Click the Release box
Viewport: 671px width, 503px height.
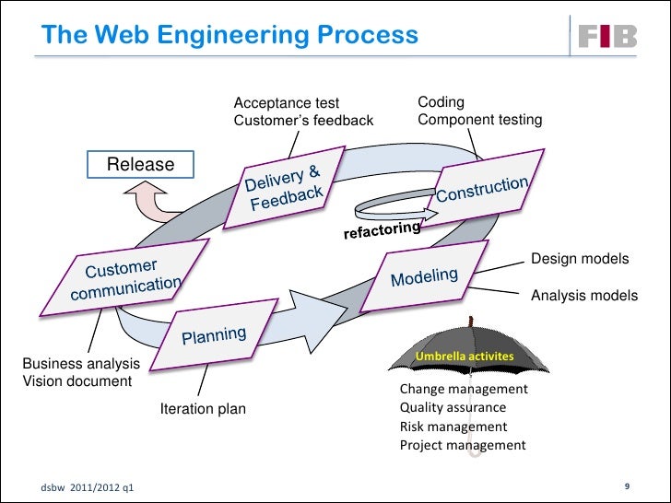click(141, 165)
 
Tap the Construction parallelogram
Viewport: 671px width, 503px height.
click(482, 189)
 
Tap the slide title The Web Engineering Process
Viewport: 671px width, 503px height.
click(230, 35)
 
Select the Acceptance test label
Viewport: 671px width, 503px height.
click(287, 103)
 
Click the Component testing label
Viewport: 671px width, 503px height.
click(479, 120)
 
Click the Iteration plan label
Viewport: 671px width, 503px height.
click(203, 408)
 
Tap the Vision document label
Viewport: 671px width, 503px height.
click(77, 380)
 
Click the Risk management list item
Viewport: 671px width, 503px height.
click(453, 427)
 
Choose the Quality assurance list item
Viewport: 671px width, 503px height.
click(453, 407)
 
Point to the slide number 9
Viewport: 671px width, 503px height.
click(627, 485)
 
